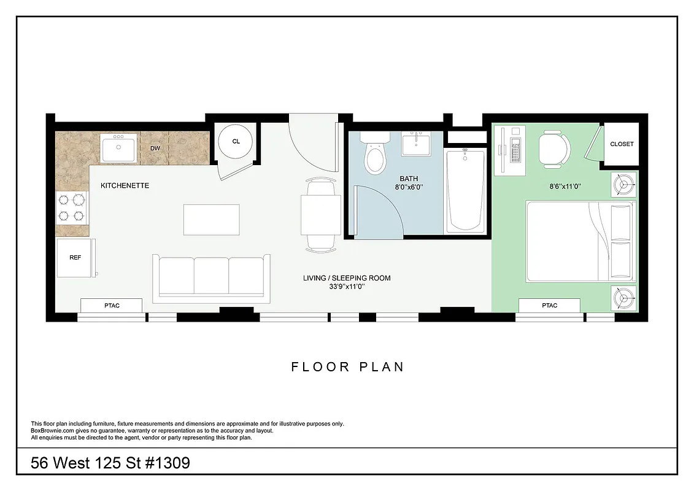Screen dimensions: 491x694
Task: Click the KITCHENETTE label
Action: tap(125, 185)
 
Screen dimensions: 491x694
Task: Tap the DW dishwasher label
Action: tap(155, 148)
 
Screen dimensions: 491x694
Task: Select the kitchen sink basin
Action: tap(118, 149)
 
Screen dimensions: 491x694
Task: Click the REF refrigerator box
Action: tap(75, 258)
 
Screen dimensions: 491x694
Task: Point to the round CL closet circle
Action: tap(236, 141)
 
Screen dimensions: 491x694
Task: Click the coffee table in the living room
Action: tap(212, 219)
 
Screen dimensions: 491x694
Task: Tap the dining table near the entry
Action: tap(321, 214)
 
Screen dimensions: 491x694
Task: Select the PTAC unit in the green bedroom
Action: tap(549, 305)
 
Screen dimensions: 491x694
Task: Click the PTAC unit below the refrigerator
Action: tap(112, 305)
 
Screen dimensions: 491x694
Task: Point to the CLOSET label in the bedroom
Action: tap(622, 144)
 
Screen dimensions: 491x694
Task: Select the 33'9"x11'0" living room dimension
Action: tap(346, 286)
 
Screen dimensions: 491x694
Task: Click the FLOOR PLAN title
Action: tap(347, 367)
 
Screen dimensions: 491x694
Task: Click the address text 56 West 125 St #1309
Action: tap(110, 462)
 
